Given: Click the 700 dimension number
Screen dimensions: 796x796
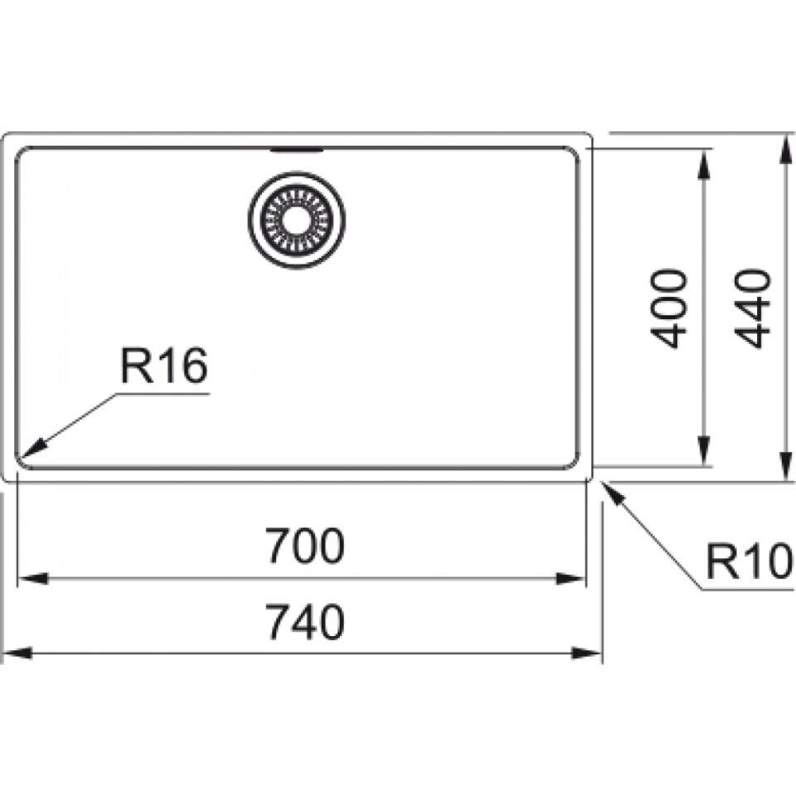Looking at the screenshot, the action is (x=306, y=546).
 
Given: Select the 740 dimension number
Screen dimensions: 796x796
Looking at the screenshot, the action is (x=306, y=622).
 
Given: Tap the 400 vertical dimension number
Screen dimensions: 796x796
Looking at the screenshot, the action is (x=668, y=308).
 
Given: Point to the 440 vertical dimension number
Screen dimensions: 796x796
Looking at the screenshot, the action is (x=752, y=308).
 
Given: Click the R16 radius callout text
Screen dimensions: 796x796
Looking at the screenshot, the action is (x=163, y=366).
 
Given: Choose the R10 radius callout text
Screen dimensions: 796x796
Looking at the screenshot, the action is (x=750, y=561).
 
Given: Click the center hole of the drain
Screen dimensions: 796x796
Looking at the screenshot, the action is (x=297, y=220).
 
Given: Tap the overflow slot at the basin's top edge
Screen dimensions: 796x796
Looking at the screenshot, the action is (x=297, y=150).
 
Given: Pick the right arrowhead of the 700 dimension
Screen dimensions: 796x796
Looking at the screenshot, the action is (x=571, y=579).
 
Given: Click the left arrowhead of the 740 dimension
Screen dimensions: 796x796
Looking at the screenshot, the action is (x=17, y=653).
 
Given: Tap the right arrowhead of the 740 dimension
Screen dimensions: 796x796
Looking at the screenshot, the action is (x=587, y=653).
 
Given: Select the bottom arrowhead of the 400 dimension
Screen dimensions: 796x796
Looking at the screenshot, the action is (x=704, y=450).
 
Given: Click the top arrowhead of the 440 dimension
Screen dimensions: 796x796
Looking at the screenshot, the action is (x=786, y=148).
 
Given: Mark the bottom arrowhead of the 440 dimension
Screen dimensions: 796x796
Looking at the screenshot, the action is (x=786, y=464).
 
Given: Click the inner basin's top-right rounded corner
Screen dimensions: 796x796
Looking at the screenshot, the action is (x=575, y=152).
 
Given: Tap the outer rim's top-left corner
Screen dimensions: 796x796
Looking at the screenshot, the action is (x=6, y=135).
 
